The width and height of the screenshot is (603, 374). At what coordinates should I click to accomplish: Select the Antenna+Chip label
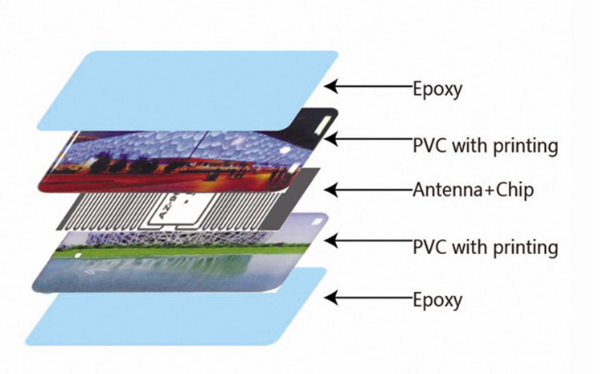462,191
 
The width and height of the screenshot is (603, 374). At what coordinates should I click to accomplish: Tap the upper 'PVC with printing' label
484,146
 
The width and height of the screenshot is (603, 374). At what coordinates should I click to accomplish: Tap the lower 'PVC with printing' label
484,245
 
